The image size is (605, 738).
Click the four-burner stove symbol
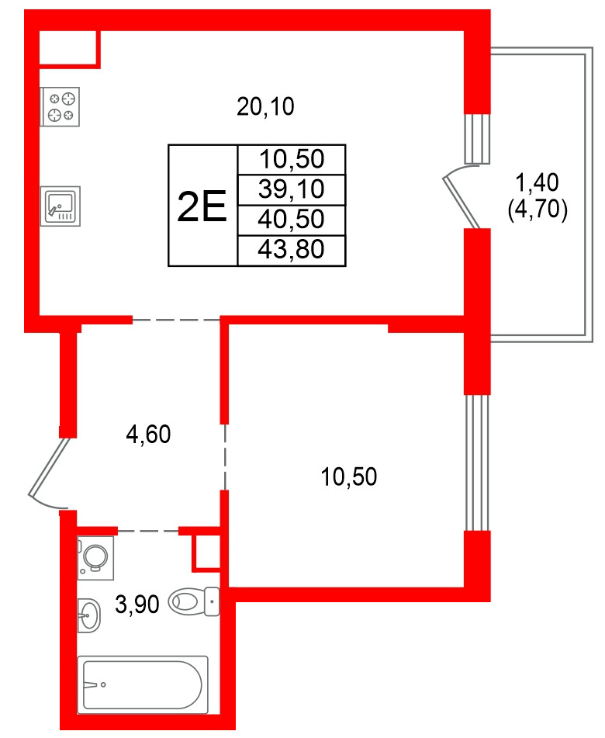pos(60,106)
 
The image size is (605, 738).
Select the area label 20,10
pos(266,106)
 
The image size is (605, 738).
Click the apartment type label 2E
pos(202,206)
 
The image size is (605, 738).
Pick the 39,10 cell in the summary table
pos(292,189)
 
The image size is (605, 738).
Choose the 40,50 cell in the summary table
pos(292,219)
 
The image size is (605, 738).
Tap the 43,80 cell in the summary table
pos(292,249)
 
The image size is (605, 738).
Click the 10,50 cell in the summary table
pos(292,160)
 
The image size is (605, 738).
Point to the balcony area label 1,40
pos(538,183)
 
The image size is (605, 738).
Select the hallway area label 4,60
pos(147,435)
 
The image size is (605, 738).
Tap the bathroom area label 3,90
pos(137,602)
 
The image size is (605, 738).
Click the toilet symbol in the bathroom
pos(194,600)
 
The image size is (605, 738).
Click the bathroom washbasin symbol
pos(88,616)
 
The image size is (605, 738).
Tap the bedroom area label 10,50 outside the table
pos(349,476)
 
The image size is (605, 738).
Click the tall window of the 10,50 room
pos(477,463)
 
